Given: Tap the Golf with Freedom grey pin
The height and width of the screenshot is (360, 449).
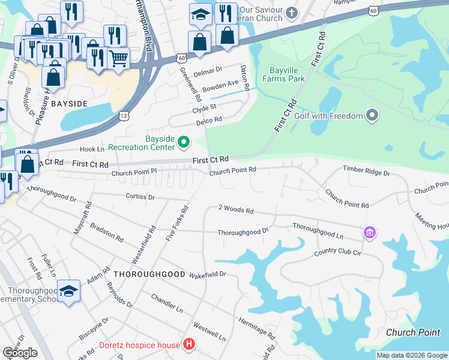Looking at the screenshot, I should tap(372, 115).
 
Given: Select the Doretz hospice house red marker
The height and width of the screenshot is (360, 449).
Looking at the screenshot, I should tap(190, 344).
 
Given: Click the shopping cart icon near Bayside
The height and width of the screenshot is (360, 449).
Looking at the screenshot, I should tap(119, 58).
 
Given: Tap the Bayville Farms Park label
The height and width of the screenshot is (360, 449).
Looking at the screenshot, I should tap(284, 74).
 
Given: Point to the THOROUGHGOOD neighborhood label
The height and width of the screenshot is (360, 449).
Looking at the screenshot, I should tap(149, 274).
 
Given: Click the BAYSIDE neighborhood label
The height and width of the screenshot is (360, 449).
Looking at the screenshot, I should tap(73, 103).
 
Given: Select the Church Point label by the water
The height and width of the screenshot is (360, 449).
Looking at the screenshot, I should tap(413, 332).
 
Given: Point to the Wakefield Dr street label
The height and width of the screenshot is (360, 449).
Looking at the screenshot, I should tap(207, 274).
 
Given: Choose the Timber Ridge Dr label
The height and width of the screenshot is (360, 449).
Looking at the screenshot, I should tap(366, 172).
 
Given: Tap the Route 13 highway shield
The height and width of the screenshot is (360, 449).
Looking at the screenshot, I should tap(124, 115).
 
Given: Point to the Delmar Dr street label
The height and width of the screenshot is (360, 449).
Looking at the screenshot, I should tap(208, 70).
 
